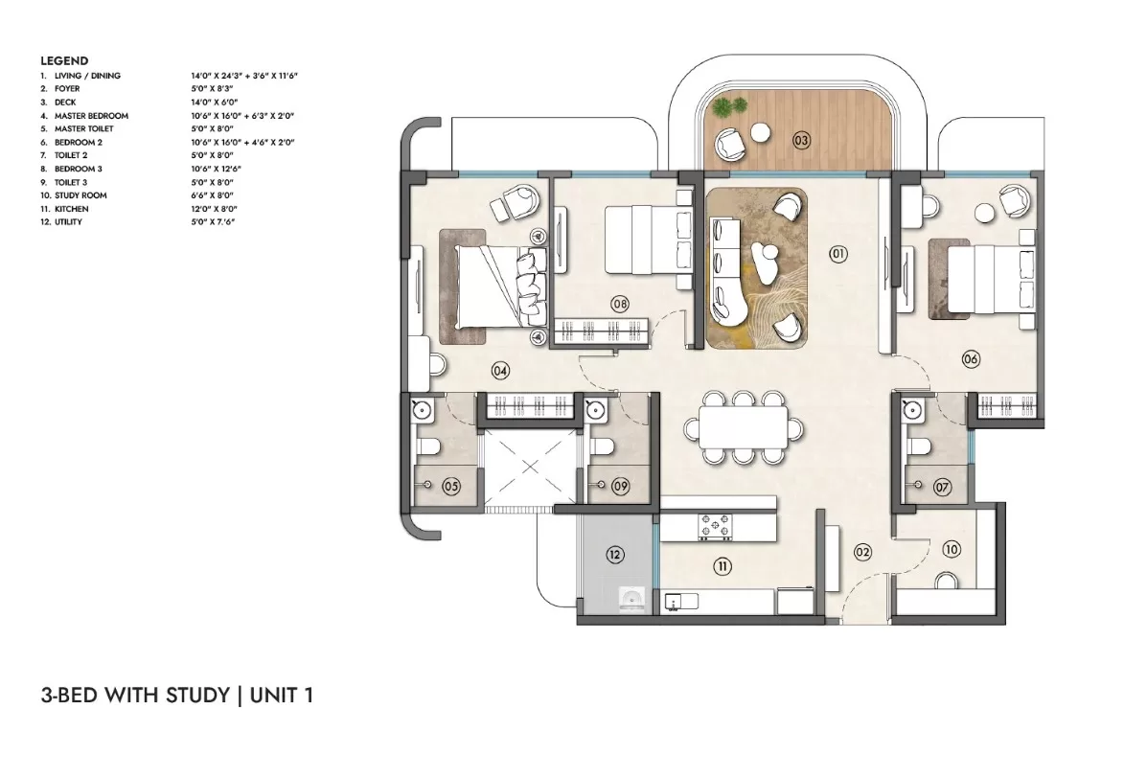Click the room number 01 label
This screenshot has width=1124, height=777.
pyautogui.click(x=838, y=254)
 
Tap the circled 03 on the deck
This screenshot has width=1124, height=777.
pyautogui.click(x=801, y=141)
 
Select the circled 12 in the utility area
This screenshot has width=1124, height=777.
pyautogui.click(x=615, y=554)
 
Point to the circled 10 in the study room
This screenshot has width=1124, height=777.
pyautogui.click(x=952, y=549)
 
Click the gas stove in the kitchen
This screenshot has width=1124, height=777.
pyautogui.click(x=716, y=526)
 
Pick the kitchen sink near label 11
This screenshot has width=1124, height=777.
pyautogui.click(x=681, y=602)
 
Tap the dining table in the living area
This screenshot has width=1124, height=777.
pyautogui.click(x=743, y=427)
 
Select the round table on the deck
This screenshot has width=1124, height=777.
pyautogui.click(x=761, y=132)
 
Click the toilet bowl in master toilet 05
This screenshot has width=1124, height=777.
pyautogui.click(x=430, y=447)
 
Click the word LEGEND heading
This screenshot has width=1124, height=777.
pyautogui.click(x=64, y=61)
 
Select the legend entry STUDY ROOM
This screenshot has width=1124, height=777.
pyautogui.click(x=80, y=194)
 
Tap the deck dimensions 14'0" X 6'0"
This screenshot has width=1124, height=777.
pyautogui.click(x=214, y=102)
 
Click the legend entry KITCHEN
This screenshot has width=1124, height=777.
pyautogui.click(x=72, y=209)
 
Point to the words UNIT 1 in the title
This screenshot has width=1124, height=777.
pyautogui.click(x=282, y=696)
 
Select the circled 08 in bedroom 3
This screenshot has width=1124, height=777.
pyautogui.click(x=620, y=304)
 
